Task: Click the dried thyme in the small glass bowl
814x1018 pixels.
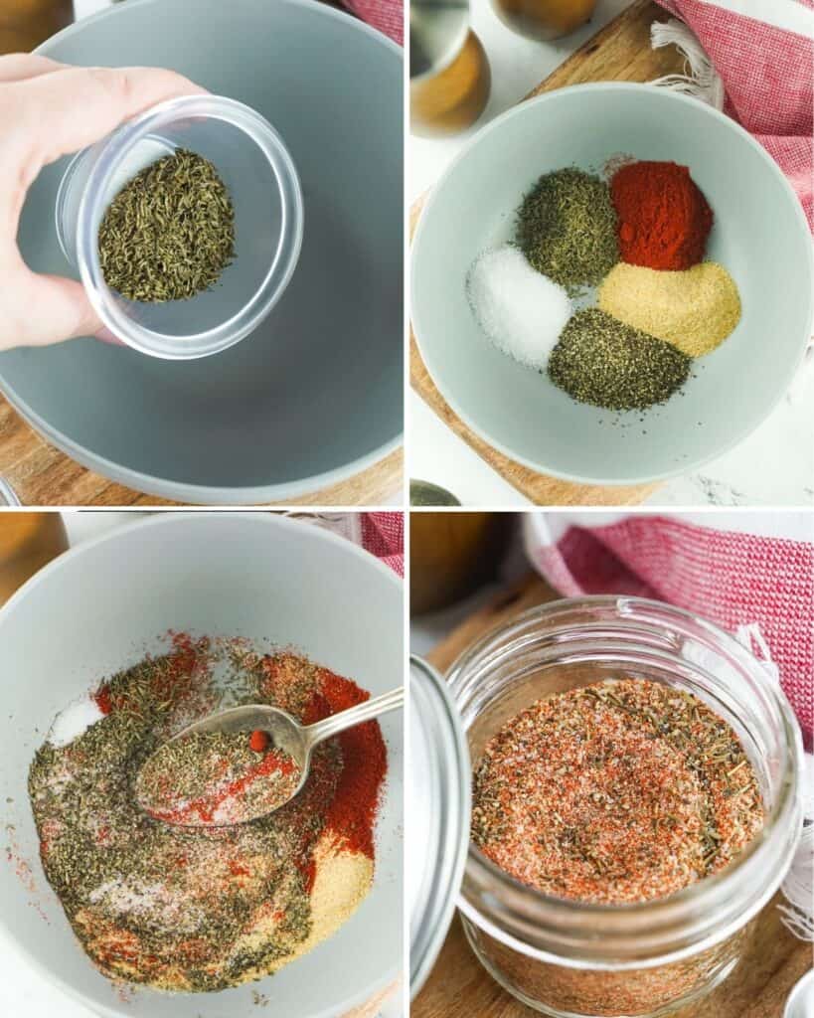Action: pyautogui.click(x=166, y=228)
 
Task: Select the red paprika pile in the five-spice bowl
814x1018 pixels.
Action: pyautogui.click(x=661, y=215)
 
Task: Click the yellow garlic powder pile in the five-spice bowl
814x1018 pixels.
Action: pyautogui.click(x=670, y=306)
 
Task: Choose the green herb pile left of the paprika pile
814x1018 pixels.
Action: pyautogui.click(x=568, y=226)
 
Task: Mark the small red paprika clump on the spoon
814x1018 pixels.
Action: pyautogui.click(x=259, y=741)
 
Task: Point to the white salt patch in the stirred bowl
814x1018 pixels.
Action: pyautogui.click(x=75, y=720)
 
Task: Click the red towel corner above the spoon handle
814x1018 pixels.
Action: pyautogui.click(x=384, y=542)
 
